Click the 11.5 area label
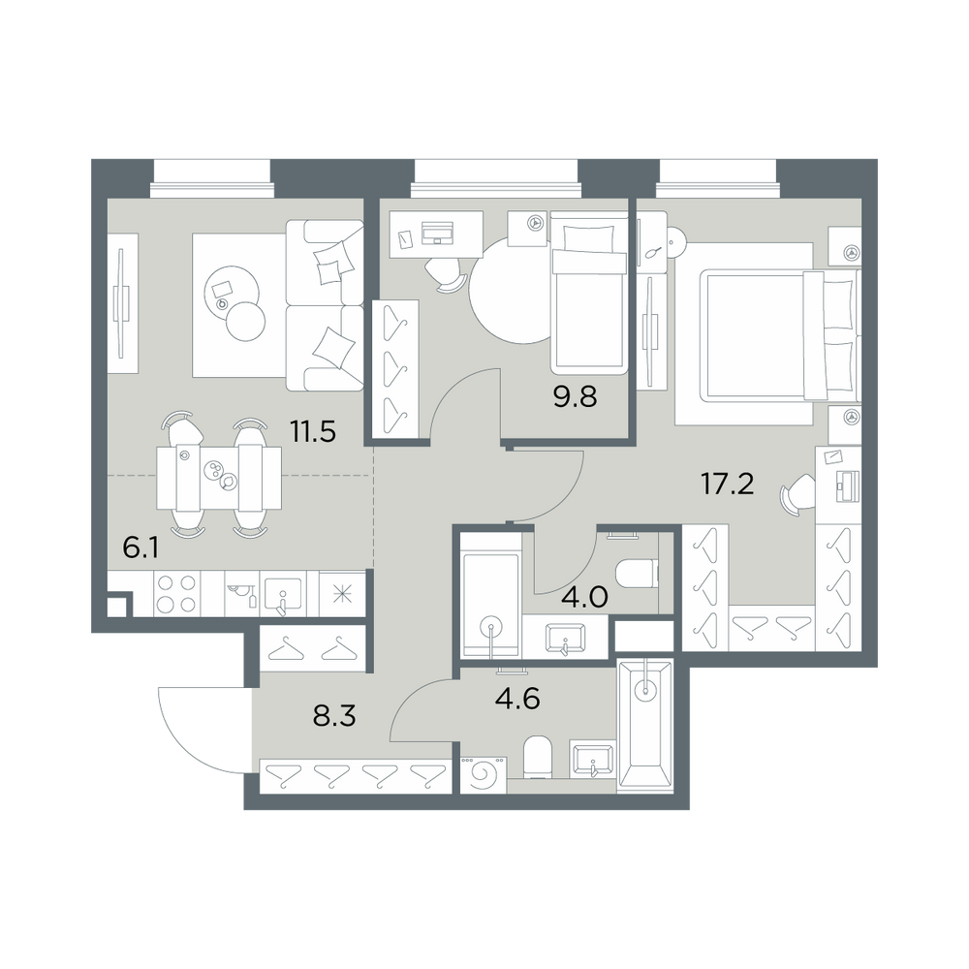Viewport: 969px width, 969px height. (x=313, y=431)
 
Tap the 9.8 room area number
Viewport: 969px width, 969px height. (x=575, y=396)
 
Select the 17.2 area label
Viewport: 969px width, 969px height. (x=728, y=484)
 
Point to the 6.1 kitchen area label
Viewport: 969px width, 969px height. (x=141, y=547)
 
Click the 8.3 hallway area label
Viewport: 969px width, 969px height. (x=334, y=717)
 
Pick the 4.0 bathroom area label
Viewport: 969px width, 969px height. (x=585, y=598)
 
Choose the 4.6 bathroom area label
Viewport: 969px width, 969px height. (x=517, y=699)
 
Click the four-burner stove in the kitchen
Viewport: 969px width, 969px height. (x=176, y=593)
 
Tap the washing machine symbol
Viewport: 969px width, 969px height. (x=484, y=773)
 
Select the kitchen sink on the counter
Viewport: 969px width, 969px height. (x=283, y=596)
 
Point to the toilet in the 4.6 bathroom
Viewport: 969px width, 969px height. (x=537, y=757)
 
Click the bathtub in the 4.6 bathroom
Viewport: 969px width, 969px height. (x=645, y=725)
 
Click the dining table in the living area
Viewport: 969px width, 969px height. (x=219, y=478)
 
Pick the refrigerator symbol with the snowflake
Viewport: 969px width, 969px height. (x=341, y=593)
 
